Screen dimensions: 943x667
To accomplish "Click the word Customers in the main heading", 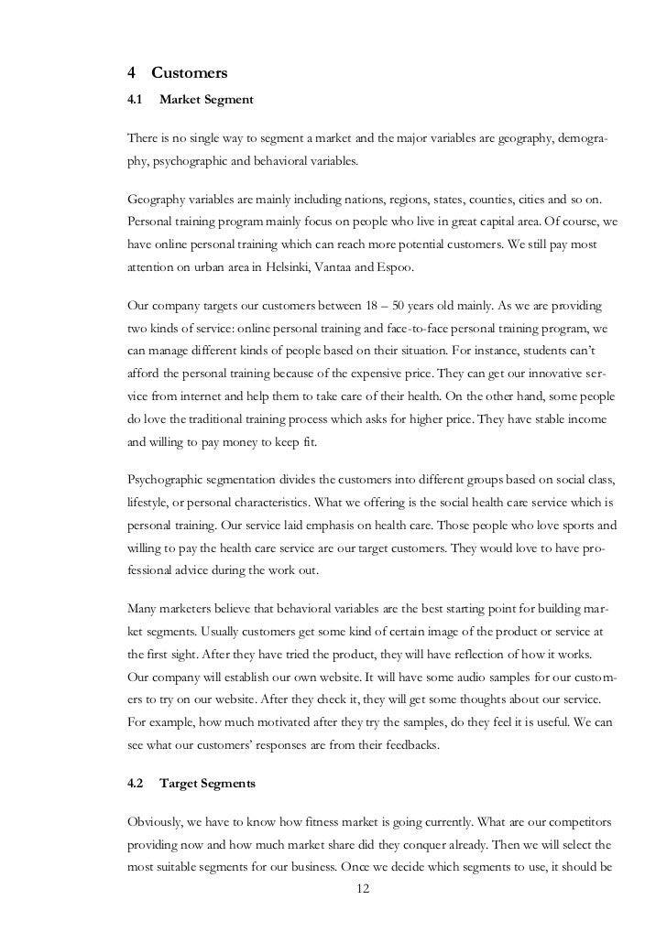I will click(189, 72).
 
